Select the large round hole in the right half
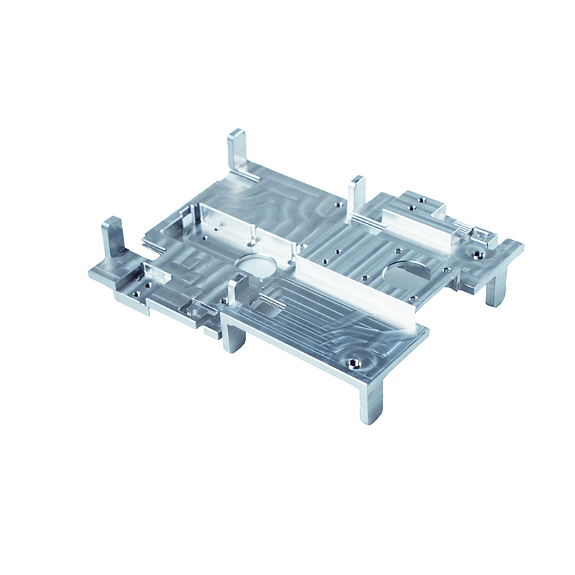tap(406, 273)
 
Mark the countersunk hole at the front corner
tap(353, 362)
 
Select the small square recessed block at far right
tap(485, 235)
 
